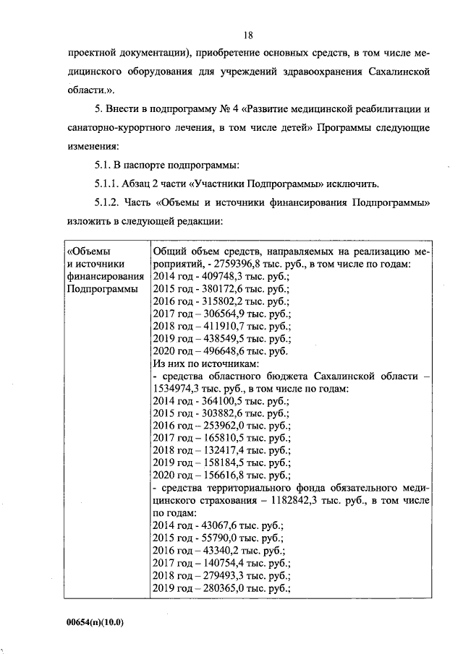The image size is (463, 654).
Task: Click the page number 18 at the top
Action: pyautogui.click(x=248, y=35)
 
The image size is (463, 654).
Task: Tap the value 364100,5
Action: pyautogui.click(x=216, y=401)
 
